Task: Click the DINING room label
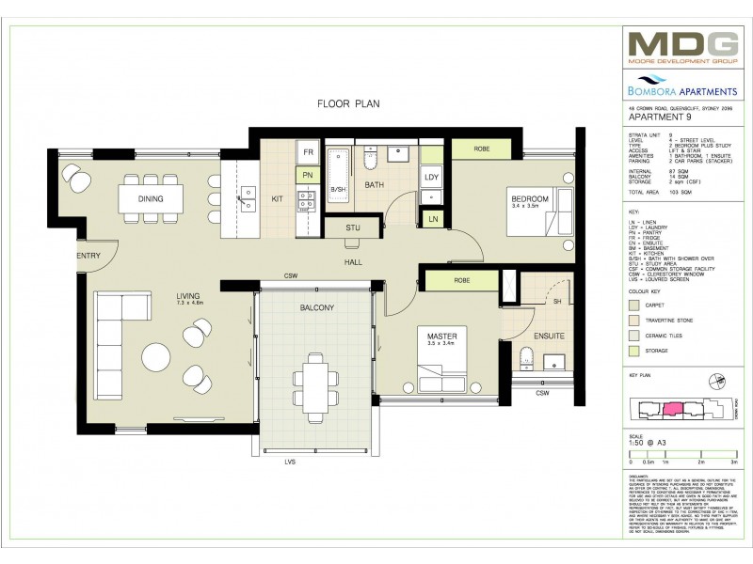[150, 199]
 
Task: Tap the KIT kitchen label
[278, 199]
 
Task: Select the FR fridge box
[308, 152]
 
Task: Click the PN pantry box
[308, 175]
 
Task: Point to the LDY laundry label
[431, 177]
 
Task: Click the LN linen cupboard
[432, 219]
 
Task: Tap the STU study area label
[353, 227]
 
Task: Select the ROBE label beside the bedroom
[481, 149]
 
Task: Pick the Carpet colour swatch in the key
[635, 305]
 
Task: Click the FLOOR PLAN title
[347, 104]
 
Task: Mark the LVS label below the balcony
[306, 462]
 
